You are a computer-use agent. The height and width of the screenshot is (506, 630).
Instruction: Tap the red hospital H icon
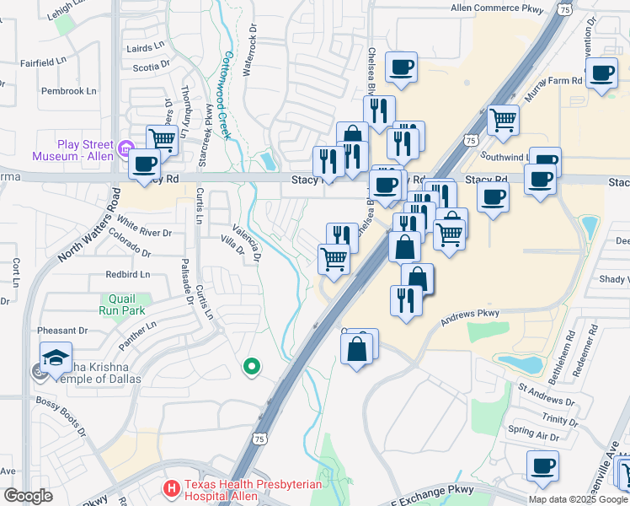tap(171, 488)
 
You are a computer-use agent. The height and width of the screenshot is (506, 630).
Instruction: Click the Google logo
tap(29, 496)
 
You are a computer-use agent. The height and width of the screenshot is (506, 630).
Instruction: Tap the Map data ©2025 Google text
tap(578, 499)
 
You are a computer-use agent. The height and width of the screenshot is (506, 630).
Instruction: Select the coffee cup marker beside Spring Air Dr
tap(542, 465)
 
